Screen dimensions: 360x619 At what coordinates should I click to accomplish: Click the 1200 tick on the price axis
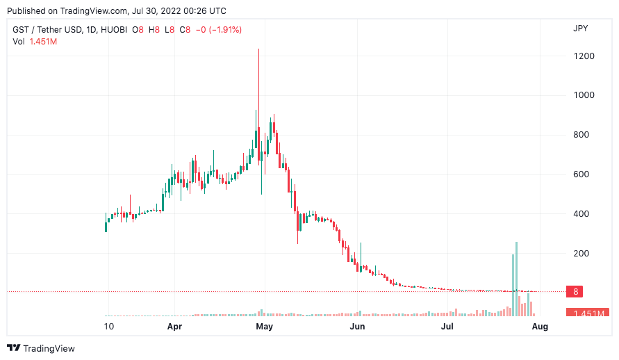(x=584, y=56)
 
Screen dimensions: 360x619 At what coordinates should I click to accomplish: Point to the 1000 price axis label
(x=584, y=95)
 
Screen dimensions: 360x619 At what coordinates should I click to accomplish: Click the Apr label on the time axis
(x=174, y=326)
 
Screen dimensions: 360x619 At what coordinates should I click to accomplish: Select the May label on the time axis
(x=264, y=326)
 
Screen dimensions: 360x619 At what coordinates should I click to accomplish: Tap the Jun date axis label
(x=357, y=326)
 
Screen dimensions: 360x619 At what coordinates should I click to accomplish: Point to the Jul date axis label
(x=448, y=326)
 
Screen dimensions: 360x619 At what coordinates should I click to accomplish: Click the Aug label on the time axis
(x=540, y=326)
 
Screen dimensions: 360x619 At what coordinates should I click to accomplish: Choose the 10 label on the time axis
(x=108, y=326)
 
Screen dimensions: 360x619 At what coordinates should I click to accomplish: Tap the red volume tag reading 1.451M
(x=587, y=313)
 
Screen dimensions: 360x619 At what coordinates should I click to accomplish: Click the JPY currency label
(x=581, y=29)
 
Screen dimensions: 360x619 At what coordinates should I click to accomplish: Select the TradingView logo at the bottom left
(x=41, y=348)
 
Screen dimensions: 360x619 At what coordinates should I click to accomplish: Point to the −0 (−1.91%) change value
(x=219, y=29)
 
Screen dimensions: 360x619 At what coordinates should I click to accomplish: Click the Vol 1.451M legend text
(x=35, y=42)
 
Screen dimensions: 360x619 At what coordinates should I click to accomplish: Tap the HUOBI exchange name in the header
(x=120, y=29)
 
